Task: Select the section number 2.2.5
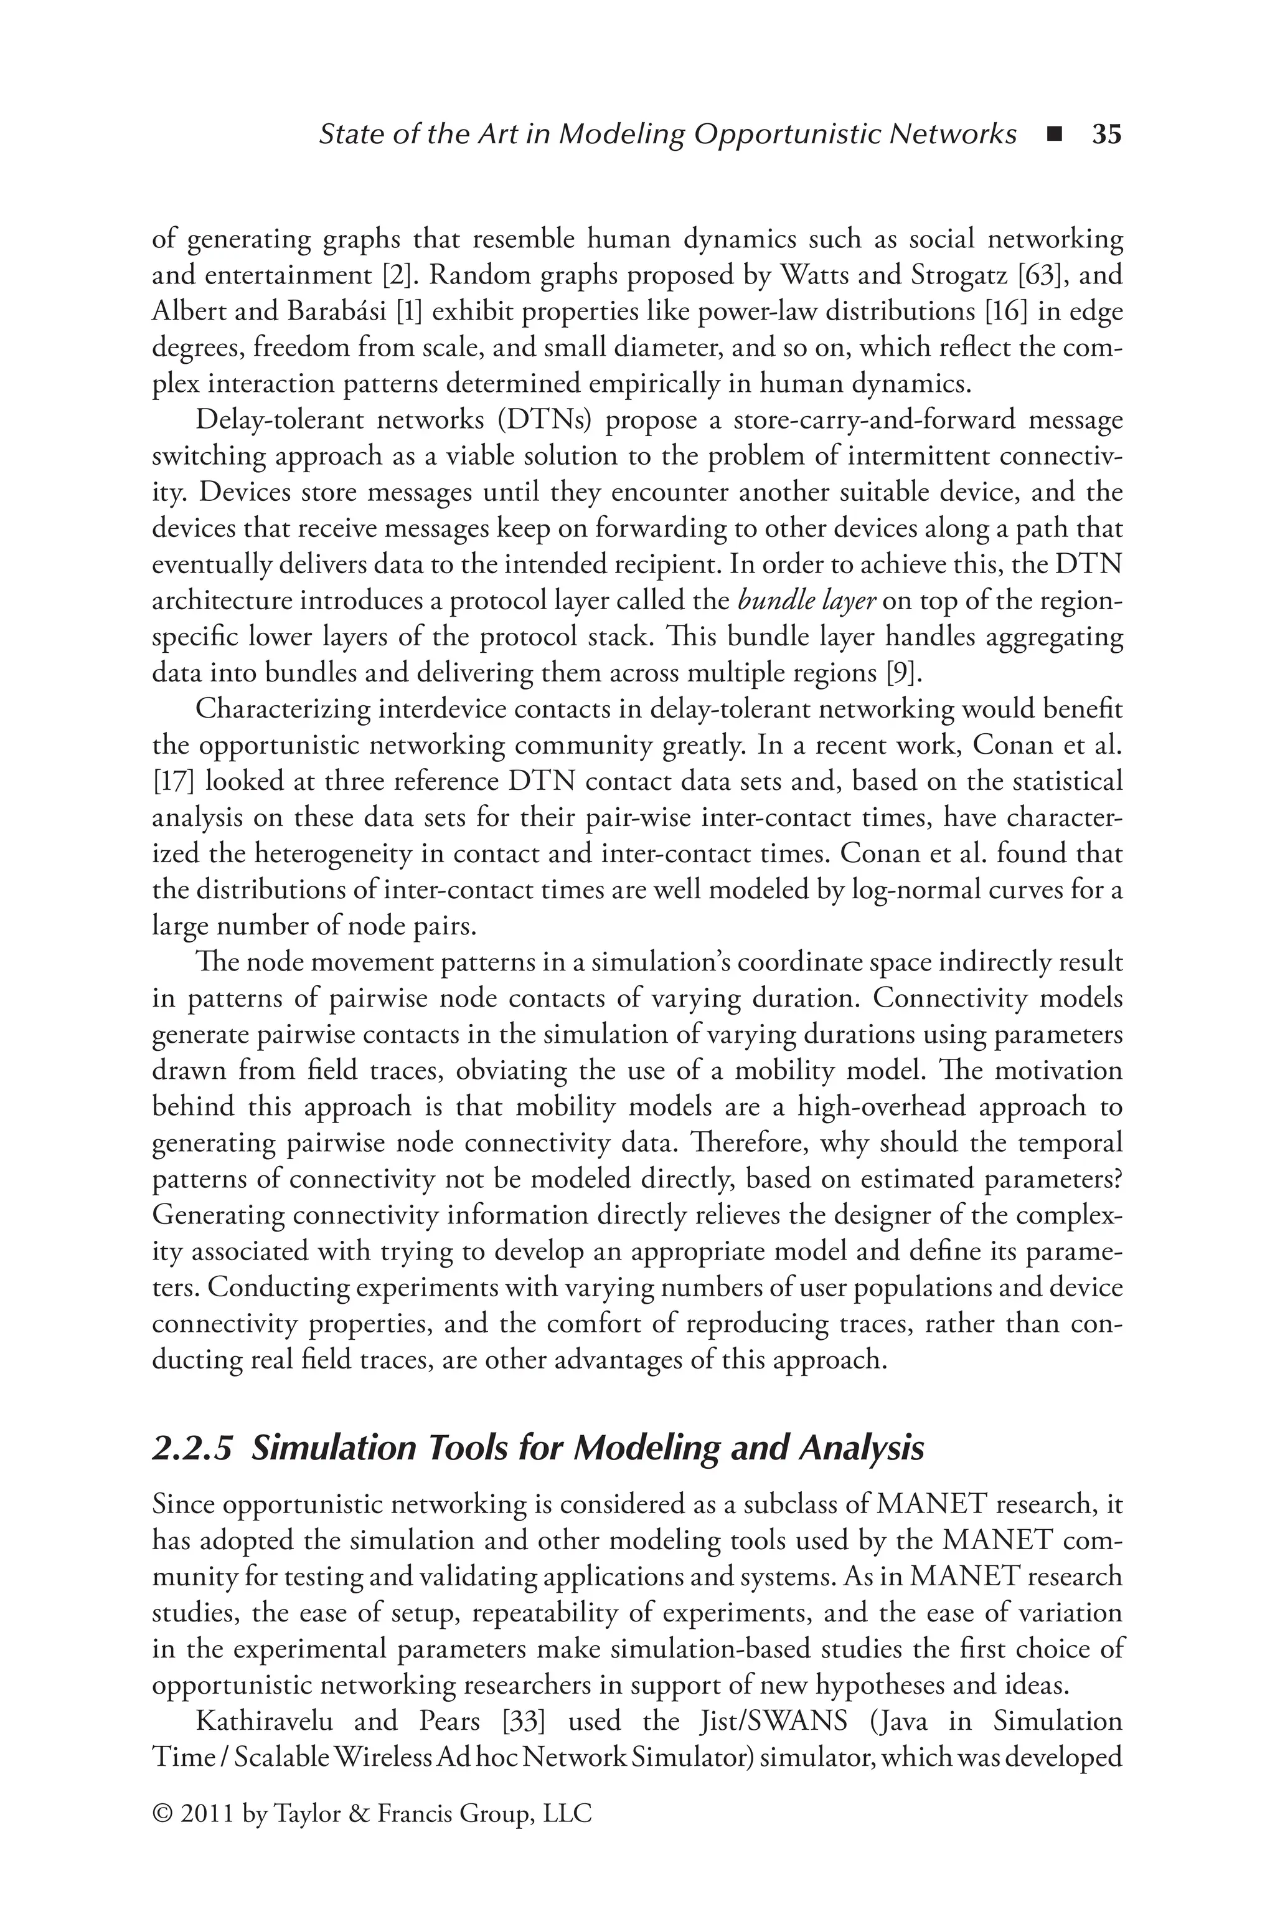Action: click(x=194, y=1449)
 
